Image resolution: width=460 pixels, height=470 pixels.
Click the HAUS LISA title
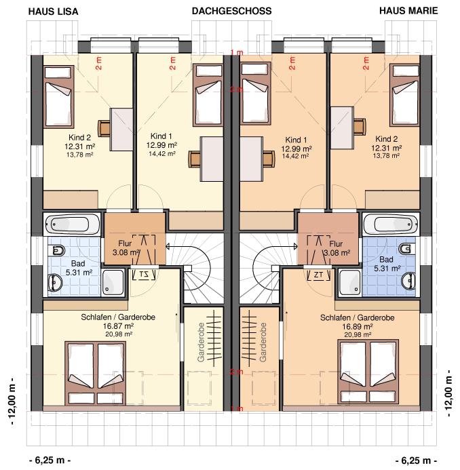pos(53,12)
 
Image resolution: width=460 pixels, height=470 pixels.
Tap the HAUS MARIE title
pos(408,11)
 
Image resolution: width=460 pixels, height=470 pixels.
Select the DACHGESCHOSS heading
pos(231,11)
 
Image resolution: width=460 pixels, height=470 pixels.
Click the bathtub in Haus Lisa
pos(73,224)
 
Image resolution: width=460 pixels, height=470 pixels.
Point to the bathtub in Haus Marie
pos(390,224)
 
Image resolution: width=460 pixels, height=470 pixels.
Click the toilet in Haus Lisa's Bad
pos(58,250)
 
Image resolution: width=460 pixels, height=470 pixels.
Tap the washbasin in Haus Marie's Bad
pos(408,281)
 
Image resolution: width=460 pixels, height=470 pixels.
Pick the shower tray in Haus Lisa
pos(113,282)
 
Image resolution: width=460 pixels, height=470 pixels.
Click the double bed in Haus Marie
pos(368,372)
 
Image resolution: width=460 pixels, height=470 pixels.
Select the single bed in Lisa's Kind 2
pos(59,97)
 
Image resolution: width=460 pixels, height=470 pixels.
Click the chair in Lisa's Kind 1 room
pos(195,159)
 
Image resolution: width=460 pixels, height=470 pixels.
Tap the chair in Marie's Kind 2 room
pos(360,126)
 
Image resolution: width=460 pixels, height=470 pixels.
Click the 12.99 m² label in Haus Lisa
pos(161,145)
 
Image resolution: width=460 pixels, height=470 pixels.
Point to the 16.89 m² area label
pos(358,326)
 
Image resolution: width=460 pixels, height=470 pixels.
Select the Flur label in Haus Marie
pos(336,243)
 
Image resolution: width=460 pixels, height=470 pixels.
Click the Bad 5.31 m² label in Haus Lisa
pos(78,268)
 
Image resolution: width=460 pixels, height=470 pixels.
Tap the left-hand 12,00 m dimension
pos(12,400)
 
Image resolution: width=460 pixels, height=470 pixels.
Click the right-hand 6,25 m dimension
pos(416,460)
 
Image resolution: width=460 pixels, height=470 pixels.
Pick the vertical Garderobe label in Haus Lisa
pos(201,342)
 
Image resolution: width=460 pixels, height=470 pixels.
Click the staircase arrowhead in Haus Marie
pos(295,246)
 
